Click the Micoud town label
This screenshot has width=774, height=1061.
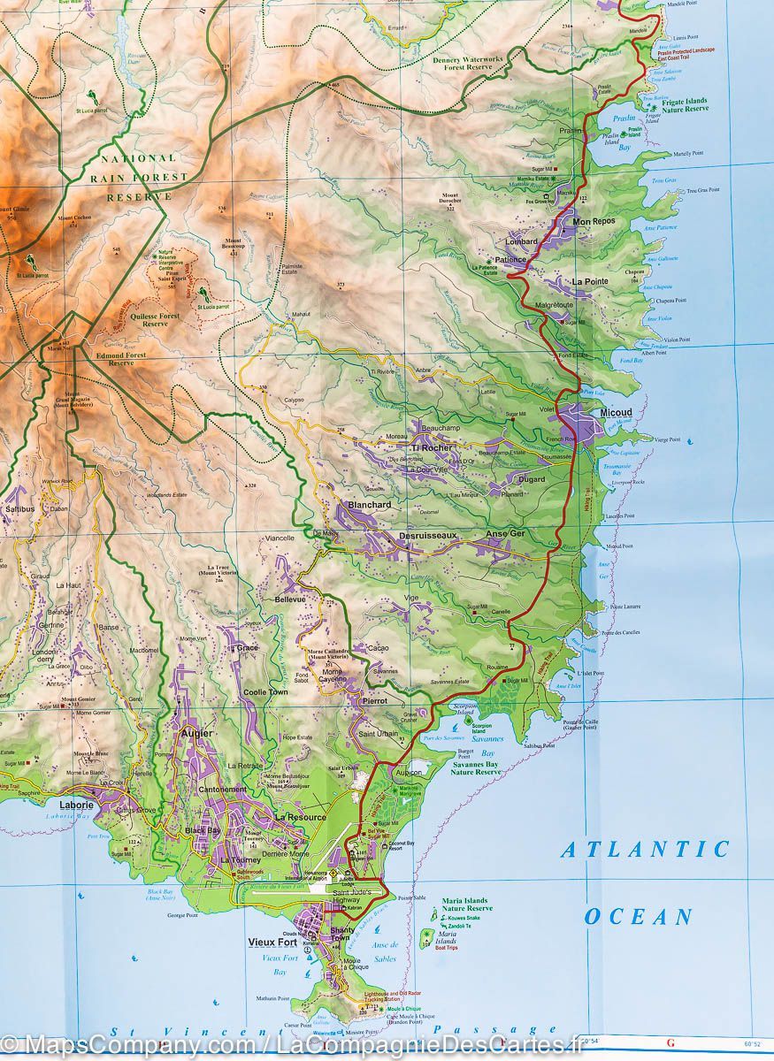pos(615,413)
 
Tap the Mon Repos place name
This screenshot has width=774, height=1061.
pos(594,221)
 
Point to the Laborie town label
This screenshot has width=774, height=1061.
pos(76,805)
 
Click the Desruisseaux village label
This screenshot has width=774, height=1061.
pos(427,536)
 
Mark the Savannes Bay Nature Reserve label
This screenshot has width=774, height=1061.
pos(475,767)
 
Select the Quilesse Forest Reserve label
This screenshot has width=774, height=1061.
pos(155,318)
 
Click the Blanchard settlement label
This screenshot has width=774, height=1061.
pos(370,505)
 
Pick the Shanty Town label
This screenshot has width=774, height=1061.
pos(341,935)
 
